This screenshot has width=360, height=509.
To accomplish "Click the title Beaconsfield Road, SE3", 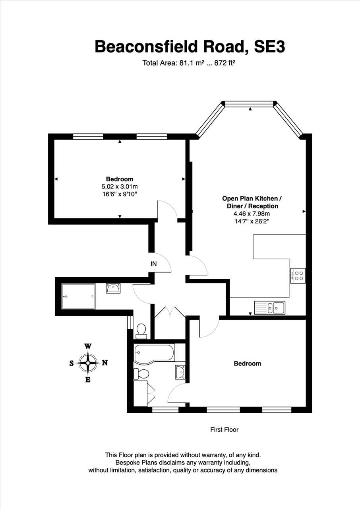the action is pos(190,47).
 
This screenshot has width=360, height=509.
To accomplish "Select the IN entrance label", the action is pos(154,264).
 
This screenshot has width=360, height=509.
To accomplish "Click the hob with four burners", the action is pos(298,276).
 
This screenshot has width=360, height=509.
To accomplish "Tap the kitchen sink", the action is pos(270,308).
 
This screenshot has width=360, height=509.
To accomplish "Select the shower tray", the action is pos(78,296).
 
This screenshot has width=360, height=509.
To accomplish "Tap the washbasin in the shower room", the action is pos(113,288).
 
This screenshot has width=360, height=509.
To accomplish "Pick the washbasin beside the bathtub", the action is pos(180,372).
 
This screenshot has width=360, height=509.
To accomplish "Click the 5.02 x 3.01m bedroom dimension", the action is pos(120,187).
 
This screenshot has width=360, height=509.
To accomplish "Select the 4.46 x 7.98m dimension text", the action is pos(252,214).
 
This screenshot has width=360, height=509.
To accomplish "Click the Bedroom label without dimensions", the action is pos(248,363).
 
